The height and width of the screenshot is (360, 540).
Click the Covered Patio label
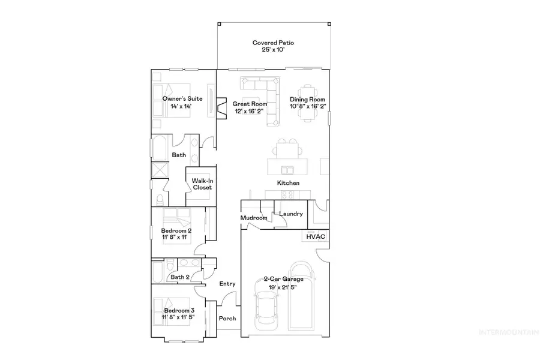[x=273, y=43]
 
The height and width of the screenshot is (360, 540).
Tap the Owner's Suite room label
[x=182, y=98]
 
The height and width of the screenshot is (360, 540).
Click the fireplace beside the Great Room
[x=221, y=109]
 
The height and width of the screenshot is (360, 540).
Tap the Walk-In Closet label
[x=202, y=184]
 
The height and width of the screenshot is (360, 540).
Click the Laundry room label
[x=291, y=214]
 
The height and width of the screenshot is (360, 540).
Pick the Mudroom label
[x=254, y=218]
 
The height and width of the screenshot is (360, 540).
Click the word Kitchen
[x=288, y=183]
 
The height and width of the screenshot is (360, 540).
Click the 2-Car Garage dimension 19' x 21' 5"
[x=284, y=287]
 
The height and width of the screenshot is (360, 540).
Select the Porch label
[x=227, y=319]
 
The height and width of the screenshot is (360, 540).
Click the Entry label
[x=227, y=284]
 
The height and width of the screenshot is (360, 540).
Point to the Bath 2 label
[x=180, y=277]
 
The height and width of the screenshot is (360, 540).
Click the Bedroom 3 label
[x=178, y=310]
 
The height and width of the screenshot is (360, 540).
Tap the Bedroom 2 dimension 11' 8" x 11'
[x=176, y=238]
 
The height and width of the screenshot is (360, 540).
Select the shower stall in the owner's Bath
[x=161, y=170]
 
